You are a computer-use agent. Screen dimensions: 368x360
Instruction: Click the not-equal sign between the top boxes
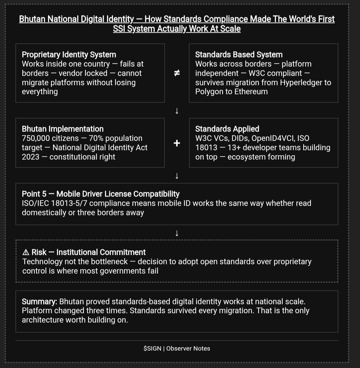point(177,73)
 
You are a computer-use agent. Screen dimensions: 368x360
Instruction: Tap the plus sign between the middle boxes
point(177,143)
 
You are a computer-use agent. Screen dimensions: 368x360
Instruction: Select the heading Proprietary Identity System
point(69,55)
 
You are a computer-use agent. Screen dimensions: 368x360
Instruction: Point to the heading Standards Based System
point(239,55)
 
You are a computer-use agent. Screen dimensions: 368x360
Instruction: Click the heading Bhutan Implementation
point(63,129)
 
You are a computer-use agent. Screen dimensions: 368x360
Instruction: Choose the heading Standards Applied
point(227,129)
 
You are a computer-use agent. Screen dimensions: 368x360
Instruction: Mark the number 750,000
point(36,138)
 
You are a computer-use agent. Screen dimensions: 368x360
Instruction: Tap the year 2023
point(31,157)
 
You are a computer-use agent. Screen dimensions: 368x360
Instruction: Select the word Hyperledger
point(301,83)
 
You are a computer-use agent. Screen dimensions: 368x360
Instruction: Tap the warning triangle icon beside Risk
point(26,252)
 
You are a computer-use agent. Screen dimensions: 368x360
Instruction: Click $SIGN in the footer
point(152,349)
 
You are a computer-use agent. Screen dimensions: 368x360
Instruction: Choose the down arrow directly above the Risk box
point(177,233)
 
